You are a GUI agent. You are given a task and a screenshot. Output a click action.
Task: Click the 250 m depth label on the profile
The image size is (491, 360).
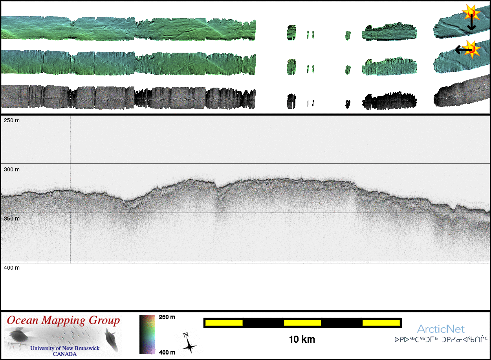tap(12, 120)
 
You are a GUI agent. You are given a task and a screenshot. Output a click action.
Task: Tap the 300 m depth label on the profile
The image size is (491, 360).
tap(12, 169)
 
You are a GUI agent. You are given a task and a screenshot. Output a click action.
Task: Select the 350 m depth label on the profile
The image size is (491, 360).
tap(12, 219)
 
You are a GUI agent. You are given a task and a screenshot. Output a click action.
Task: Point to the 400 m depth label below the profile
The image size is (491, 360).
tap(12, 268)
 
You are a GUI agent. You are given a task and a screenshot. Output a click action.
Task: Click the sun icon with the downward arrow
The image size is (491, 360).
tap(471, 13)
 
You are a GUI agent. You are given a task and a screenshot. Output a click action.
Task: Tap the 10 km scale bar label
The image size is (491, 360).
tap(302, 340)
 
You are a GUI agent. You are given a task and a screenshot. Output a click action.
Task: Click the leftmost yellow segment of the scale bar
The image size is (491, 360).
tap(224, 323)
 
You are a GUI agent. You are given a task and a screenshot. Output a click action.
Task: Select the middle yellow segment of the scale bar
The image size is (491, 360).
tap(302, 323)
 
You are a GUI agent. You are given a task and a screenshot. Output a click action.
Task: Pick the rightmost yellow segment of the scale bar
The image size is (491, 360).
tap(381, 323)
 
